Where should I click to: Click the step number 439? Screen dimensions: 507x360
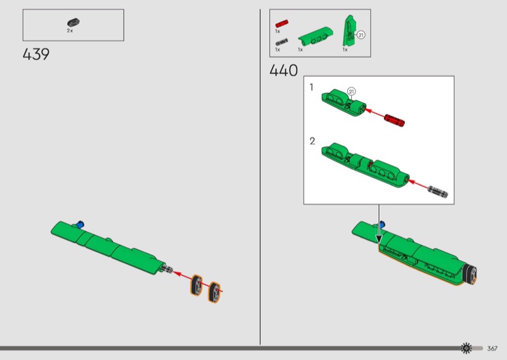[x=36, y=55]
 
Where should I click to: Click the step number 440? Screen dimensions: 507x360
[x=283, y=70]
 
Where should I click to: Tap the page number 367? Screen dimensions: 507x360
[x=492, y=349]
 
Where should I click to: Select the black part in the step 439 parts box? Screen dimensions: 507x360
[x=74, y=22]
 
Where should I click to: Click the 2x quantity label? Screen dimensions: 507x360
[x=70, y=30]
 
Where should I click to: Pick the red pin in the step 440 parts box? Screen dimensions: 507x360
[x=281, y=23]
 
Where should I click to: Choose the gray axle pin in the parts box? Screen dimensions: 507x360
[x=281, y=42]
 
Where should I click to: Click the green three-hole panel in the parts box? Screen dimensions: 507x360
[x=315, y=35]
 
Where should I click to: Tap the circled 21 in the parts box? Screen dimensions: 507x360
[x=361, y=35]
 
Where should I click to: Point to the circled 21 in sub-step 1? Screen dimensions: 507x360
[x=352, y=91]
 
